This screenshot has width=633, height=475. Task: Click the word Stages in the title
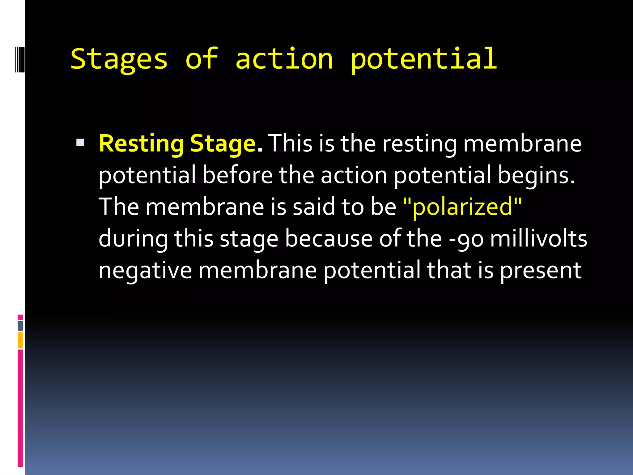[x=119, y=59]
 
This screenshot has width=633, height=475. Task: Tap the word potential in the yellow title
[x=423, y=59]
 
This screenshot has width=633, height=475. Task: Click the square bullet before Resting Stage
[x=80, y=143]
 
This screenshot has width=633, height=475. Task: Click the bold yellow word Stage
[x=223, y=144]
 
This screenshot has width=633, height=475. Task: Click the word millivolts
[x=538, y=239]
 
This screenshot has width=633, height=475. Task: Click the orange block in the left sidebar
[x=20, y=340]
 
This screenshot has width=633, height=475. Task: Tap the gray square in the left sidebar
[x=20, y=326]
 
